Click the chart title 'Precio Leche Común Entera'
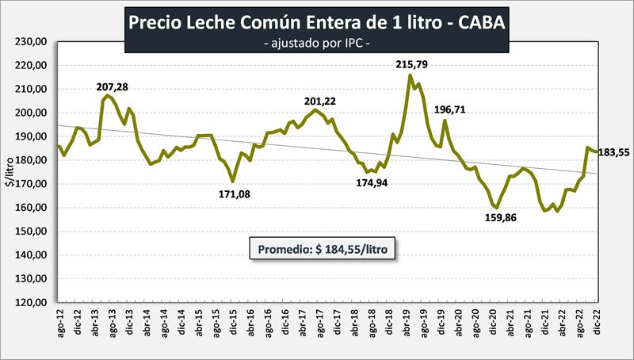(x=316, y=23)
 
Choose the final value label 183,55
(x=613, y=152)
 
